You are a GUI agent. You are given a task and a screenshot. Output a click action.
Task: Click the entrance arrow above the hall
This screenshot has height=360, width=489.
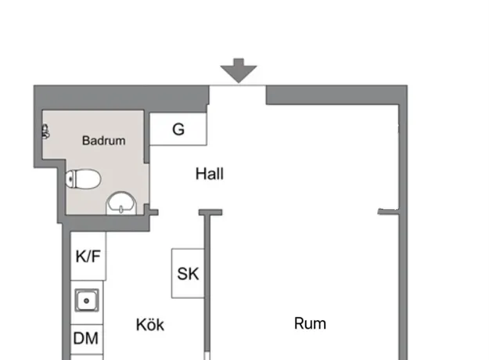coord(238,71)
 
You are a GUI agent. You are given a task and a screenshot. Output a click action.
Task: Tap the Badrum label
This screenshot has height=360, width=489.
coord(103,141)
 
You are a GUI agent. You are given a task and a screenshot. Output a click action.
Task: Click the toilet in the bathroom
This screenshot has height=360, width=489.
coord(84,179)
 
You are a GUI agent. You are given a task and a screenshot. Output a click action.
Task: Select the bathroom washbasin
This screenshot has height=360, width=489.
coord(121,203)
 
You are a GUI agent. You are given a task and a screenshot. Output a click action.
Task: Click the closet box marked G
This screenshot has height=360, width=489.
coord(178,129)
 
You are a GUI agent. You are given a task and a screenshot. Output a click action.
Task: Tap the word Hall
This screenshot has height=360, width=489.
coord(209,174)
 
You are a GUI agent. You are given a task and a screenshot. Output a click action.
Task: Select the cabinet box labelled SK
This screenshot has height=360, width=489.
coord(189,274)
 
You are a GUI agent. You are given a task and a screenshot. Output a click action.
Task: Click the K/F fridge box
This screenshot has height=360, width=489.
coord(88,256)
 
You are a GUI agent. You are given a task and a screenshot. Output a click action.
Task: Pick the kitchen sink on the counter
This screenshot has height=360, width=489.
coord(86,300)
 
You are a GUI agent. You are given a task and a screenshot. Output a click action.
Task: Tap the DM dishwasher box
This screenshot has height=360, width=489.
coord(86,339)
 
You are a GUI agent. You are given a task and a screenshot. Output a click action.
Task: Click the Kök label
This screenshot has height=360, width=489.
coord(149,324)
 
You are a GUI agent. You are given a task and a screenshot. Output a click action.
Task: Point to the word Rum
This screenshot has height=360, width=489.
coord(310,323)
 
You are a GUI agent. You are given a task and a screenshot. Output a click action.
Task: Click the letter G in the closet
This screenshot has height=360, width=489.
coord(178,129)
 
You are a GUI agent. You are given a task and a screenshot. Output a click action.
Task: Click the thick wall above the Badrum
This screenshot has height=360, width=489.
coord(117,97)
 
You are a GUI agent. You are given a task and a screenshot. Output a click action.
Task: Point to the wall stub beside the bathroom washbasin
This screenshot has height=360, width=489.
coord(153,211)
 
